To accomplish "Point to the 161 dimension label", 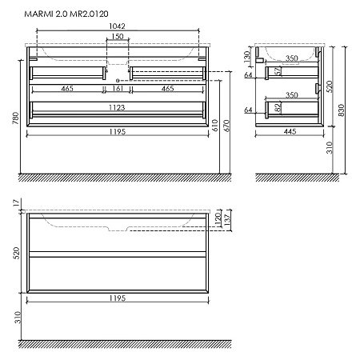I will click(117, 89).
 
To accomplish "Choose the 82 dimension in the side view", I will click(277, 108).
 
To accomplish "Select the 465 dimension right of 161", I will click(167, 89).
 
